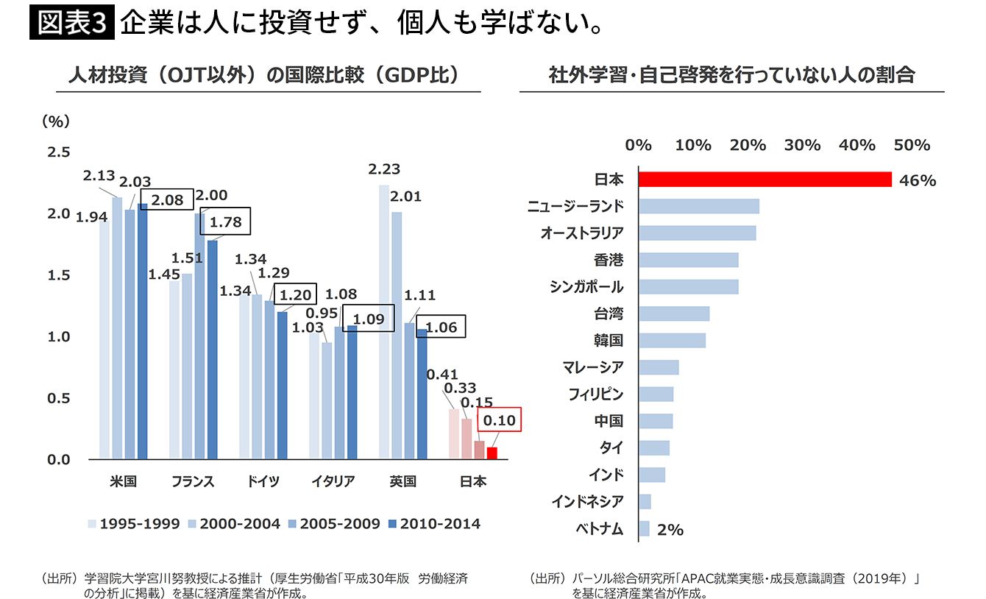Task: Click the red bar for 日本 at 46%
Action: pyautogui.click(x=765, y=180)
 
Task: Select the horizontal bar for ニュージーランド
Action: pyautogui.click(x=698, y=206)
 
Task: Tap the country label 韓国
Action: pyautogui.click(x=609, y=340)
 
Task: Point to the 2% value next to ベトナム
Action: pyautogui.click(x=670, y=529)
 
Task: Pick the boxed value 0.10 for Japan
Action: pyautogui.click(x=500, y=422)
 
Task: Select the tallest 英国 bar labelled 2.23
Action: pyautogui.click(x=384, y=322)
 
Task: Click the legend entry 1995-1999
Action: pyautogui.click(x=133, y=524)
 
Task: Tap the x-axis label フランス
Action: pyautogui.click(x=193, y=482)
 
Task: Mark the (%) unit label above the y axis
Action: pyautogui.click(x=56, y=121)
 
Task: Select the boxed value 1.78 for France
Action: pyautogui.click(x=230, y=220)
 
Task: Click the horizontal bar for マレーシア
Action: pyautogui.click(x=659, y=367)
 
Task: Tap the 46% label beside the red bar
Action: pyautogui.click(x=918, y=180)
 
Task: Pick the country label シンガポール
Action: pyautogui.click(x=586, y=287)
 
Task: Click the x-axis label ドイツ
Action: pyautogui.click(x=263, y=482)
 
